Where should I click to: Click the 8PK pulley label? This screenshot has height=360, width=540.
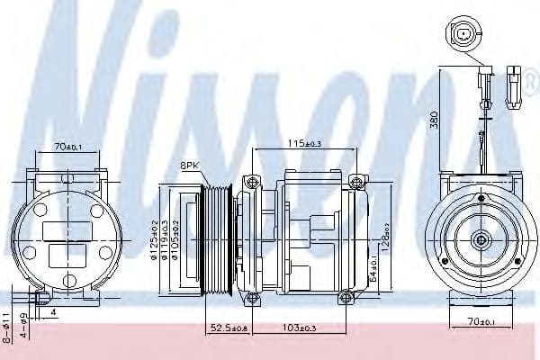[x=190, y=165]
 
